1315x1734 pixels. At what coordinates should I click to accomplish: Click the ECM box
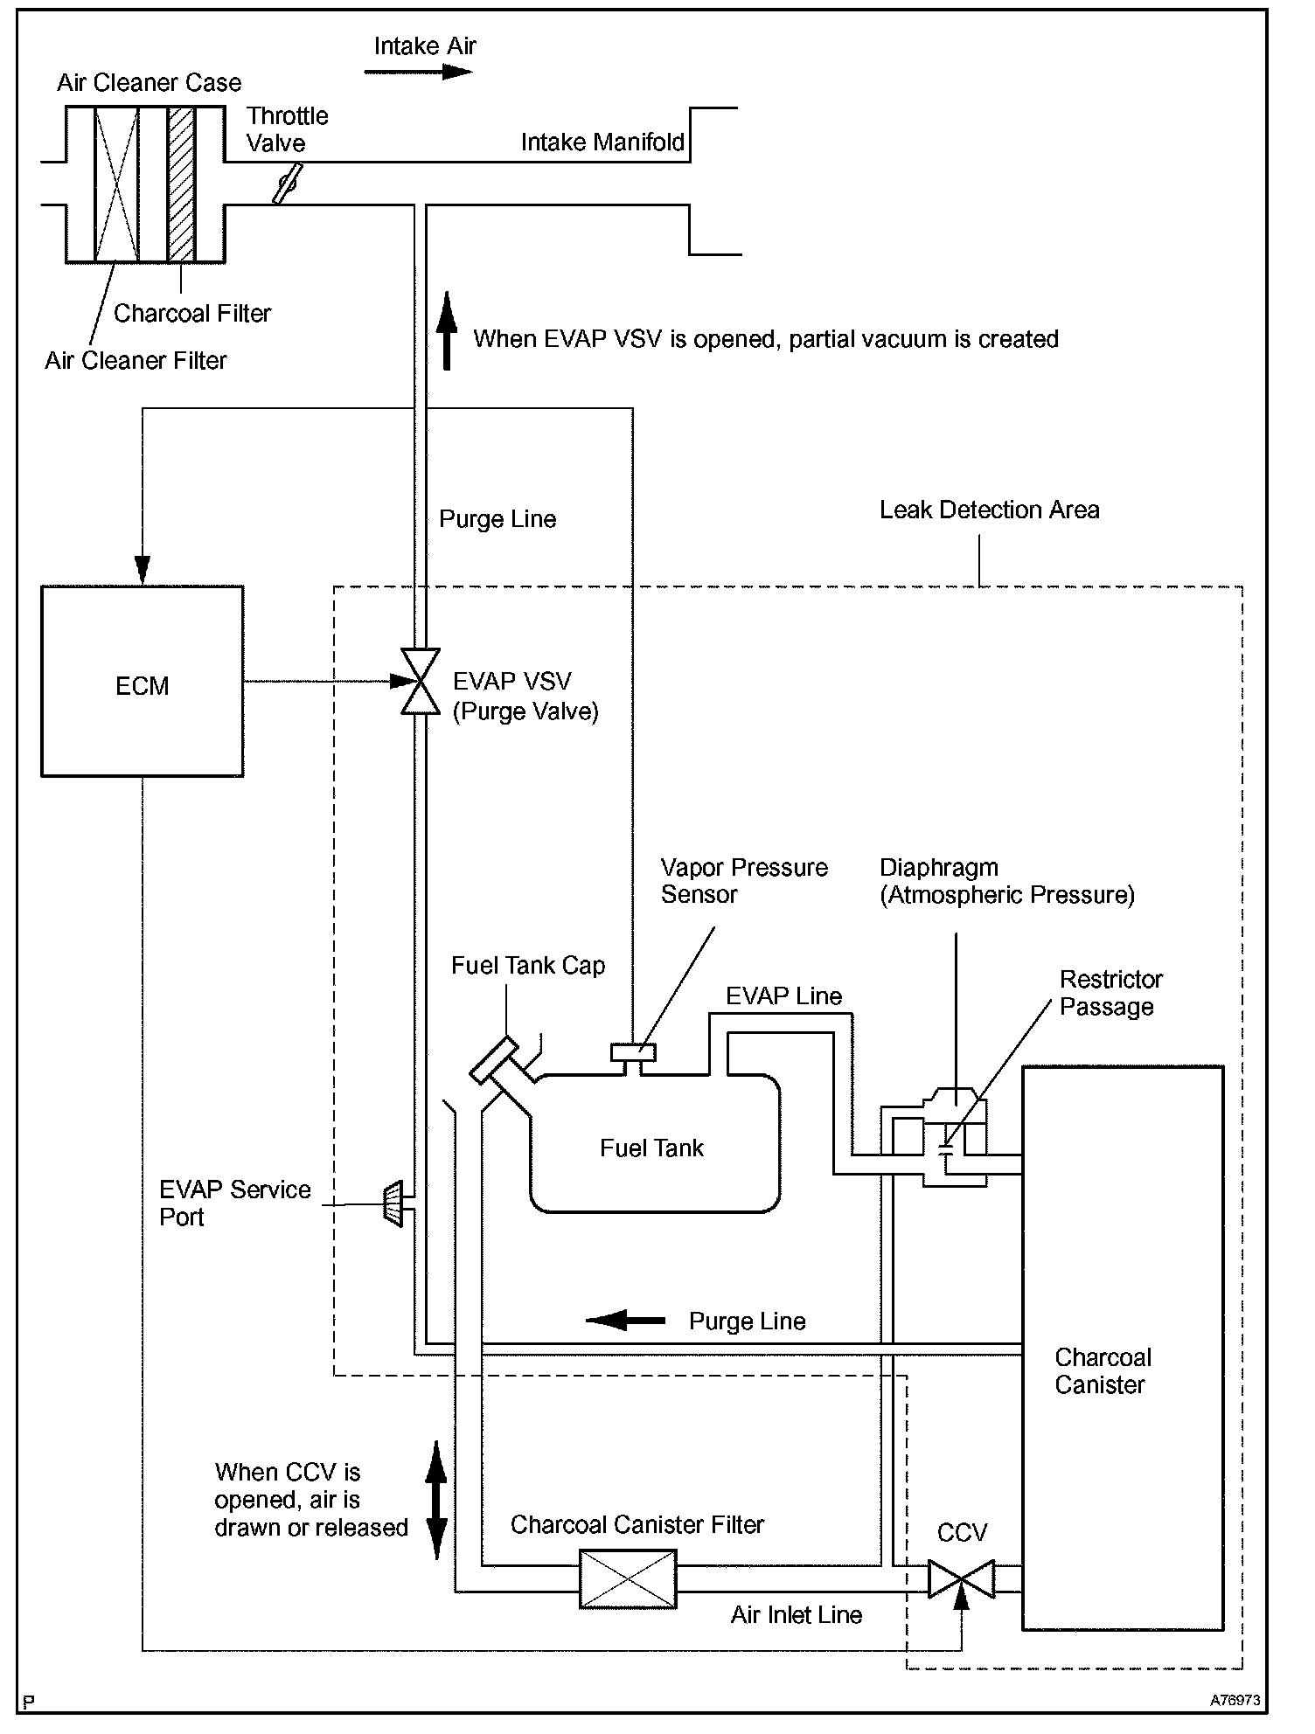143,681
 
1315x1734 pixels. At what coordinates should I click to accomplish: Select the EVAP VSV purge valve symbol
420,682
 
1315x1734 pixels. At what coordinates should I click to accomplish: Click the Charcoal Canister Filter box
628,1578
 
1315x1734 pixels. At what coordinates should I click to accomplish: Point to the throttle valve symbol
288,184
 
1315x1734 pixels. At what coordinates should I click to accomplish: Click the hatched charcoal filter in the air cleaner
181,184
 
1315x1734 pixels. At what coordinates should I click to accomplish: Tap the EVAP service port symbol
393,1203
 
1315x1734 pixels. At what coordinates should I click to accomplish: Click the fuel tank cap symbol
494,1060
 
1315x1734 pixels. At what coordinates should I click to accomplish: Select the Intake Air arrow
418,72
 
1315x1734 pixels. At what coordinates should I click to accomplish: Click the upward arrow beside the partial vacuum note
447,331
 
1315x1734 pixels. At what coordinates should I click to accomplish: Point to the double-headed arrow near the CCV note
436,1500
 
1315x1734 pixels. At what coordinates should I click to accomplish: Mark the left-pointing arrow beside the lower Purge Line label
625,1320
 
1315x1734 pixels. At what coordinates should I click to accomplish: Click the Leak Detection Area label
989,510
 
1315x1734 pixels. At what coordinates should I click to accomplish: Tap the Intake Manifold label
602,142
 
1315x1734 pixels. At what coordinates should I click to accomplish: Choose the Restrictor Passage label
1110,993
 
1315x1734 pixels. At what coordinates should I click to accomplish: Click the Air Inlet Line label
796,1615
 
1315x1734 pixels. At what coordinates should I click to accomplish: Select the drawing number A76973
1235,1701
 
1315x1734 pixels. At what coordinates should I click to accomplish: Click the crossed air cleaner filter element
117,184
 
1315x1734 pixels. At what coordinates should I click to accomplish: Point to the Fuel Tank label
651,1148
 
